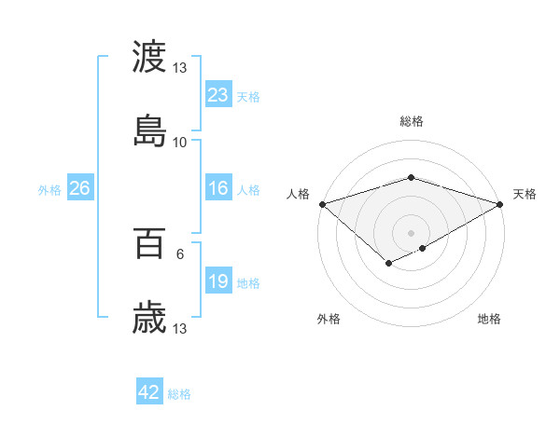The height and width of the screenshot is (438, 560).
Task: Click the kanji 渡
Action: coord(149,57)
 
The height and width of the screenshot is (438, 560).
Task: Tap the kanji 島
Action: coord(149,130)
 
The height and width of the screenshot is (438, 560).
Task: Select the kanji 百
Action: coord(149,244)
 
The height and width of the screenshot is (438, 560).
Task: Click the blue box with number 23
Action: coord(218,95)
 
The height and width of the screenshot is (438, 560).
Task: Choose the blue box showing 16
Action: coord(218,189)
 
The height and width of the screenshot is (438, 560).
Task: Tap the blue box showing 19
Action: coord(218,282)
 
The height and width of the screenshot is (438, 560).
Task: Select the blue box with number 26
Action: coord(79,189)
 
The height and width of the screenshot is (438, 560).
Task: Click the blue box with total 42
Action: coord(149,392)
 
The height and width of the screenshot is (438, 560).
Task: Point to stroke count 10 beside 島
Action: coord(180,142)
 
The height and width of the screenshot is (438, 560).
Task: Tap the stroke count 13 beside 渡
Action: coord(180,68)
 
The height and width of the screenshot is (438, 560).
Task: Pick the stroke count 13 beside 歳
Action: coord(180,329)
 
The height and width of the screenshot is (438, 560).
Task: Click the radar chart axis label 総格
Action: coord(411,121)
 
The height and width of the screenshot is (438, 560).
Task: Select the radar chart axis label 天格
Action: coord(525,194)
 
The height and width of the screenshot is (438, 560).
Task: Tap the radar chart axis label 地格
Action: coord(489,319)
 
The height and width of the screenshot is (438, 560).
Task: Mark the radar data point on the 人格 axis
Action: coord(322,203)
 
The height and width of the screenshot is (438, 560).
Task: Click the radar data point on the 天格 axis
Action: coord(500,203)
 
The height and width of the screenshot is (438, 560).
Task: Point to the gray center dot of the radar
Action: coord(411,232)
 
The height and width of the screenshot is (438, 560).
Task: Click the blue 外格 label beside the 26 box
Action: coord(49,190)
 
